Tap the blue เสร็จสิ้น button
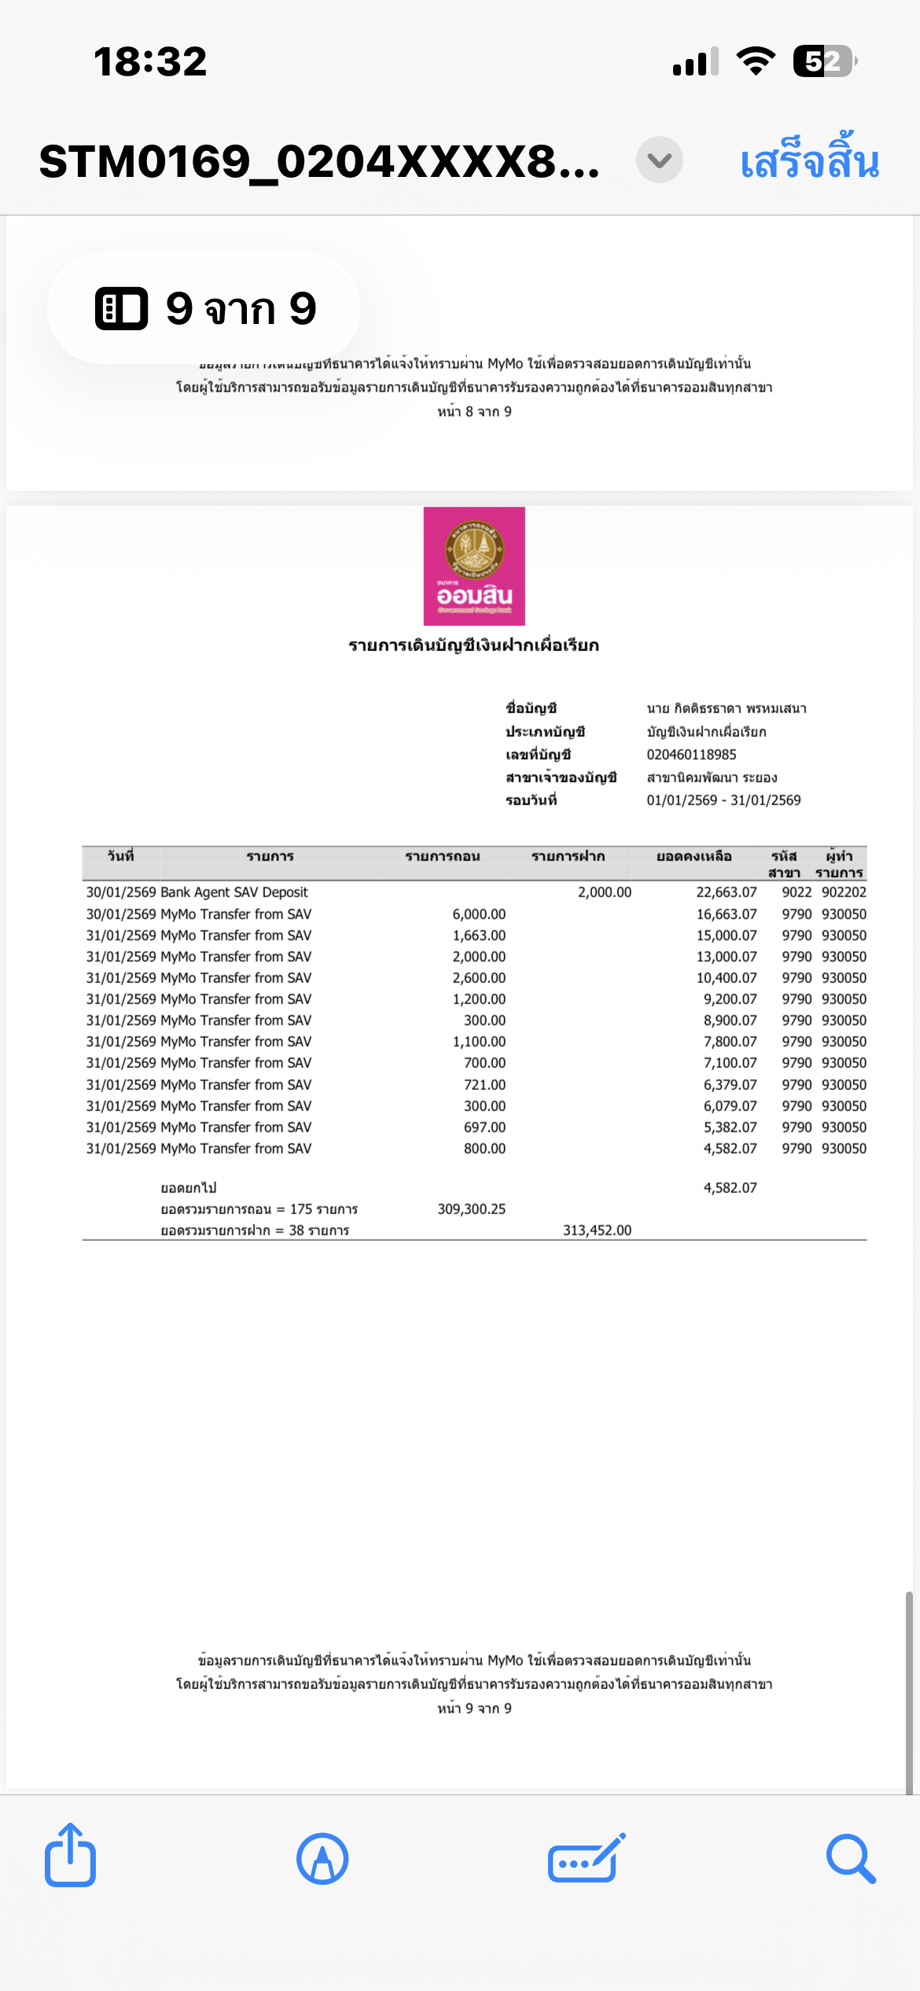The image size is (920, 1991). pos(809,161)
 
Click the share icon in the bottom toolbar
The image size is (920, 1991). pos(70,1857)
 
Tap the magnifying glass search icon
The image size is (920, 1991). pos(850,1859)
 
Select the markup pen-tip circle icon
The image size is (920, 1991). pos(322,1859)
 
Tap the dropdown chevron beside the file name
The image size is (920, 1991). pos(659,160)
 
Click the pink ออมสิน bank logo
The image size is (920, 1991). pos(474,566)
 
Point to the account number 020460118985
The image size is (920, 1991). pos(691,755)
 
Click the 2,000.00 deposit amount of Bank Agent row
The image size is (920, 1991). pos(604,892)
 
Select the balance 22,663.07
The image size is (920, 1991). pos(726,892)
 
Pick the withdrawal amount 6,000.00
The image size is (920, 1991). pos(479,915)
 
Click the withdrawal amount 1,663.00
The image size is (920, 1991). pos(479,936)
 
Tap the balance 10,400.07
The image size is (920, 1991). pos(726,978)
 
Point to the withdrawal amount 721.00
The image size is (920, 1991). pos(484,1085)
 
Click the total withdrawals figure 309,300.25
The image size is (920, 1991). pos(471,1209)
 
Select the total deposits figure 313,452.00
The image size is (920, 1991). pos(597,1231)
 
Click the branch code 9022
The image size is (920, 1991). pos(797,892)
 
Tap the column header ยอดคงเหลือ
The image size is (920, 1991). pos(694,856)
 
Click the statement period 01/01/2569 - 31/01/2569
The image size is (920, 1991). pos(723,800)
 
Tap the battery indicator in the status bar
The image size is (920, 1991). pos(823,61)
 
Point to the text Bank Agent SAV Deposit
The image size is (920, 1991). pos(234,892)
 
